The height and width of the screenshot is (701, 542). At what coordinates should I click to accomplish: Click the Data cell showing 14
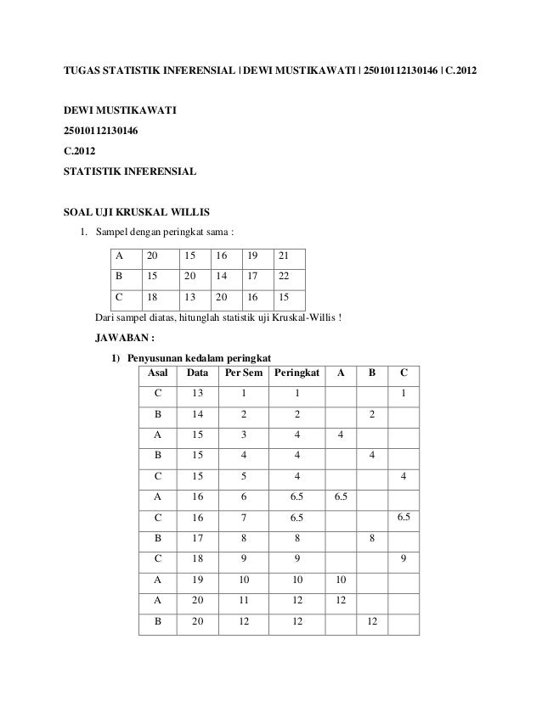pyautogui.click(x=197, y=414)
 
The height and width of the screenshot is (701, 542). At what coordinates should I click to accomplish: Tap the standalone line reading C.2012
pyautogui.click(x=81, y=154)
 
